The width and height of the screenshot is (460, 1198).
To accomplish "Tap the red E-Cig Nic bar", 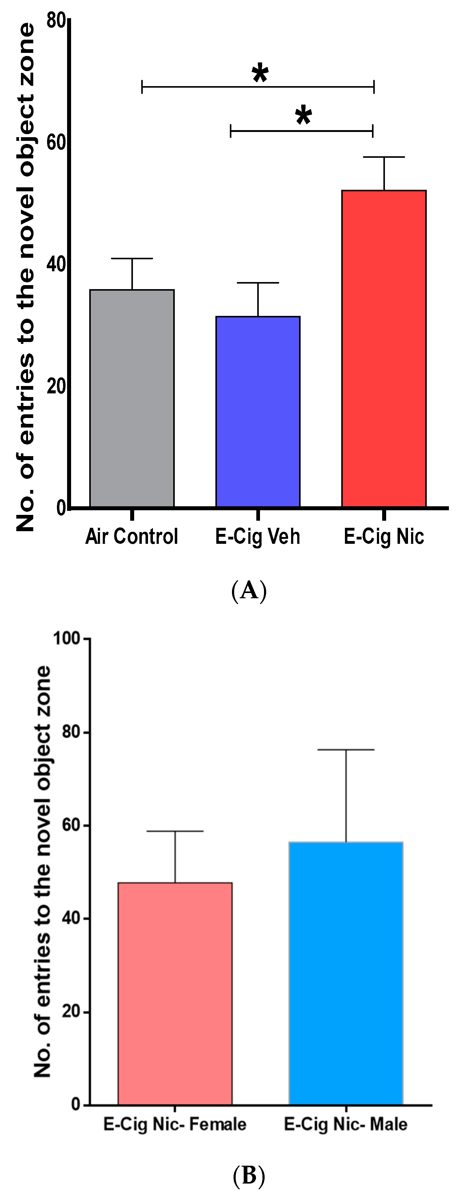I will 384,348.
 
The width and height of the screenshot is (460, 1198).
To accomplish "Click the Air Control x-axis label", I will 132,536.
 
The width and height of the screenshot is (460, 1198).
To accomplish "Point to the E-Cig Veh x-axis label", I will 258,536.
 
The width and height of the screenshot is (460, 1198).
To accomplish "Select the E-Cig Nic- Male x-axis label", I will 346,1124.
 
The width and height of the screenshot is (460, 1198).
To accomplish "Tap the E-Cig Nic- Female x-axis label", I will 175,1124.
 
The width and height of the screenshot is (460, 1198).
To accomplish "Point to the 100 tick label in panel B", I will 66,638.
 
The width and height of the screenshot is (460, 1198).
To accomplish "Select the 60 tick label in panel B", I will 71,826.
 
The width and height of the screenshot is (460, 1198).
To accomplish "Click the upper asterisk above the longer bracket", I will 260,74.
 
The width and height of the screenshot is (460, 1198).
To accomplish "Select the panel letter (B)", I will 249,1176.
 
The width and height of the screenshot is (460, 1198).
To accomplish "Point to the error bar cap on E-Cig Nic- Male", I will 346,750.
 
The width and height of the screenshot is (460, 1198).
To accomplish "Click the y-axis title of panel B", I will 43,872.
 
